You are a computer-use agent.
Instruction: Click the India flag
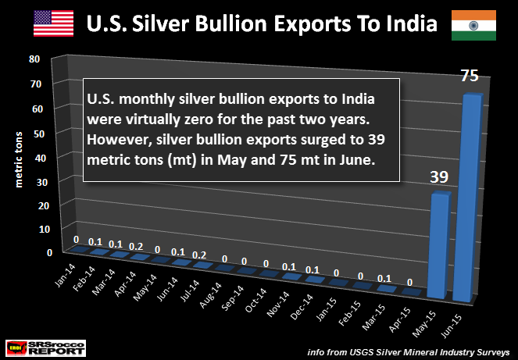pyautogui.click(x=474, y=25)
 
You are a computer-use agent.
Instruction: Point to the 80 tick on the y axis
pyautogui.click(x=34, y=59)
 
